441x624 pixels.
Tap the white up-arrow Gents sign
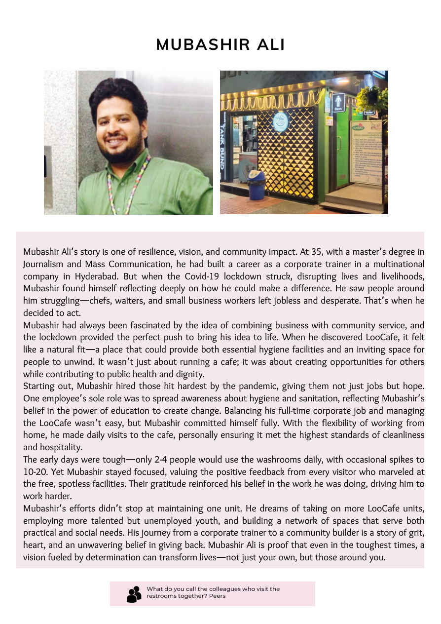[338, 103]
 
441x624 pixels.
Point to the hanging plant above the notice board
[373, 99]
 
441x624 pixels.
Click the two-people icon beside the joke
[134, 594]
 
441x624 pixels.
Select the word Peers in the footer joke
[217, 596]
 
